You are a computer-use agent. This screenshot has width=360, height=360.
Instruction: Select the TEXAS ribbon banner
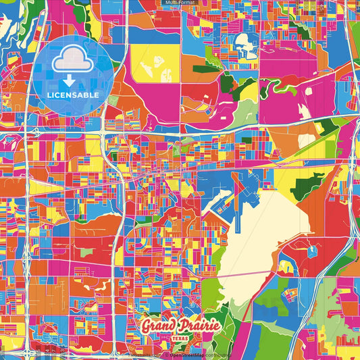point(180,337)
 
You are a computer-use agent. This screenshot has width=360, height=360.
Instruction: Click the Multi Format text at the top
point(180,3)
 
